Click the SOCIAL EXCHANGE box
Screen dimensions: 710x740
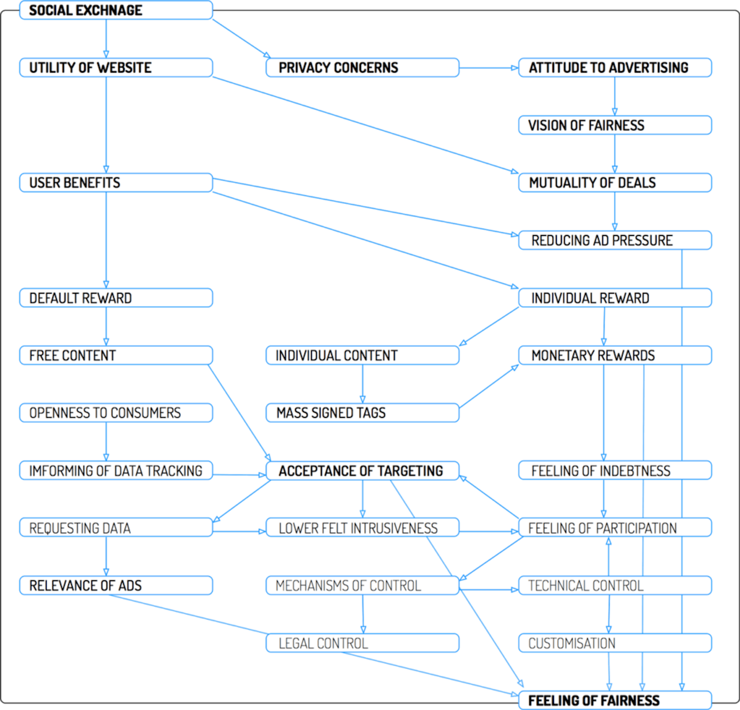tap(116, 10)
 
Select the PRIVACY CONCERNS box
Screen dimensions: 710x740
tap(362, 68)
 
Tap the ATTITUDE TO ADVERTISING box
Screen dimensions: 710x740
tap(615, 68)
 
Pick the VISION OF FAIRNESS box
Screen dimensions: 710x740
tap(615, 125)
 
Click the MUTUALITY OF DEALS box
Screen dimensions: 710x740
tap(615, 183)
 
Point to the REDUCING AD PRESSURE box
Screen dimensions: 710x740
tap(615, 240)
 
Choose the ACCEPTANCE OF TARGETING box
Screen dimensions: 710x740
tap(362, 471)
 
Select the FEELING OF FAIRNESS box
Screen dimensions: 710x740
tap(615, 701)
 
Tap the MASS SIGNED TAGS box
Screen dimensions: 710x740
tap(362, 413)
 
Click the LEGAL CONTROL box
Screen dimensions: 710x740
tap(362, 643)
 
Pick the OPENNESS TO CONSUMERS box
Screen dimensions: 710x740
tap(116, 413)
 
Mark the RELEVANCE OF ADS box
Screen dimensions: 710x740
tap(116, 585)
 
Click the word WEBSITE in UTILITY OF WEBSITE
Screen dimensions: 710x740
tap(124, 68)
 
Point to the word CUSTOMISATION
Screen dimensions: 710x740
tap(572, 643)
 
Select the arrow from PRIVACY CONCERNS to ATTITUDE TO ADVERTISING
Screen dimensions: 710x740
tap(489, 69)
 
